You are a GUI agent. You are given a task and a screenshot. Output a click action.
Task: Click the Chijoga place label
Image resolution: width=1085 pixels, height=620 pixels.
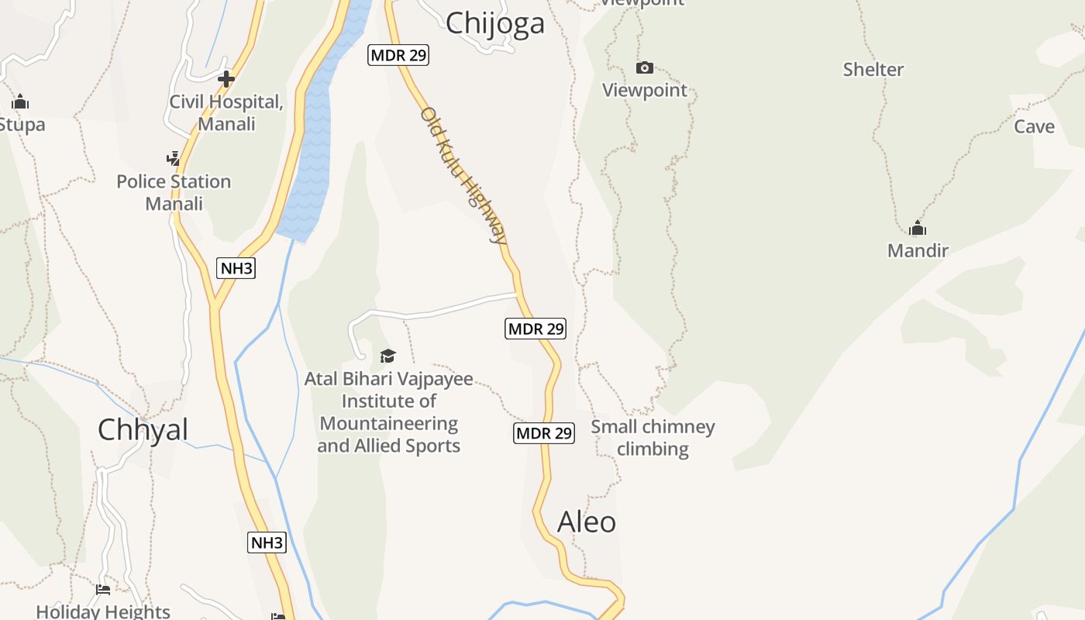[494, 23]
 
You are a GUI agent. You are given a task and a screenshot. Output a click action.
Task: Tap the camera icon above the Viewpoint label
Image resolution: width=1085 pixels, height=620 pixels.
[644, 68]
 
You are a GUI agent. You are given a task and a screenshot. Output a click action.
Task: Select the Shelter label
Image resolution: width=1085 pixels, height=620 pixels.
[873, 70]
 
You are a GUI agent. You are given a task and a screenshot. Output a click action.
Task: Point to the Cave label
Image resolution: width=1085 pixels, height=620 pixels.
[1034, 126]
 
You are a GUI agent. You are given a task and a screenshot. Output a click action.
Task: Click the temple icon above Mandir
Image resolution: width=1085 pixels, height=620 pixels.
[918, 228]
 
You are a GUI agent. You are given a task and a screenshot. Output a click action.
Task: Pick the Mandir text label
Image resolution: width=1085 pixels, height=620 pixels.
[918, 250]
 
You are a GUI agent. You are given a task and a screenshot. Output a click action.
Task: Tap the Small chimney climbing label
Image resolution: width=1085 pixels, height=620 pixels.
[653, 437]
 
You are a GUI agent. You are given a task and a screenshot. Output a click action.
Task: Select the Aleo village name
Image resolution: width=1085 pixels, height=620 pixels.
[587, 522]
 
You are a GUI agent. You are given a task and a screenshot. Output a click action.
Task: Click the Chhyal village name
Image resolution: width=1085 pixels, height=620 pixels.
[143, 429]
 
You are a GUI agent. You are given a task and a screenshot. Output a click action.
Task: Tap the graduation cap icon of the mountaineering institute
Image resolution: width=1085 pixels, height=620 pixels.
[387, 356]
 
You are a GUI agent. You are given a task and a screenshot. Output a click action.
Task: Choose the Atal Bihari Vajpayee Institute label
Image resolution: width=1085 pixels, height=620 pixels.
[388, 412]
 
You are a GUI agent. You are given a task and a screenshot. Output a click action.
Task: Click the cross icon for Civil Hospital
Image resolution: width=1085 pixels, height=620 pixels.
[226, 79]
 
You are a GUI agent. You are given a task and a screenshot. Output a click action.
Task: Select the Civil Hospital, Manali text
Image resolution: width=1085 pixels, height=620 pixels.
[226, 112]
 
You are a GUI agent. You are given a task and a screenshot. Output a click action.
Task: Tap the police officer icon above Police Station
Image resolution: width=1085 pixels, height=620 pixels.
[174, 159]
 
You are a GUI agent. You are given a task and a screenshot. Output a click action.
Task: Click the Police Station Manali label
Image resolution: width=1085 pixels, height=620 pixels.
[174, 192]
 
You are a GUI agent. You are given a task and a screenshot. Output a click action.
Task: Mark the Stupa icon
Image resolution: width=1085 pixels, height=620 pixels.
[20, 102]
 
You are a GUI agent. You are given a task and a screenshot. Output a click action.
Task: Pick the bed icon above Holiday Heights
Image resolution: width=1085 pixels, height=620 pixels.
[103, 590]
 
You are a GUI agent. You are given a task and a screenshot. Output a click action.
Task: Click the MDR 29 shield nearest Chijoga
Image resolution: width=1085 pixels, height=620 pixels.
[398, 55]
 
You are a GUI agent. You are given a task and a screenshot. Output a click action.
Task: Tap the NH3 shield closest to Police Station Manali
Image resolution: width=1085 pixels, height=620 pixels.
[236, 268]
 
